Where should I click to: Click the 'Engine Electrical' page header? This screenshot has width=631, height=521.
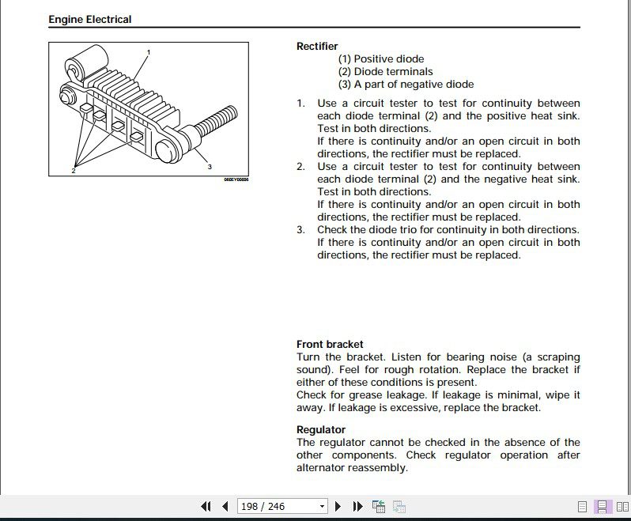click(x=90, y=19)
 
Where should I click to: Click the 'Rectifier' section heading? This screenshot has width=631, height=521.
click(x=317, y=46)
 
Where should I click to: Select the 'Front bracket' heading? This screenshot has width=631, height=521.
click(x=330, y=344)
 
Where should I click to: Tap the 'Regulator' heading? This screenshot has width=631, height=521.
click(x=321, y=429)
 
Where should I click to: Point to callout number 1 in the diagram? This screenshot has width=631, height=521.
click(x=148, y=52)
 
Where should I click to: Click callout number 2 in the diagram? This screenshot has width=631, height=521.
click(x=73, y=170)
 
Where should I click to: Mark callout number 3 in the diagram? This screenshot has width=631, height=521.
click(x=210, y=167)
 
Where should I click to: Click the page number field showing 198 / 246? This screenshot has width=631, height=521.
click(x=276, y=506)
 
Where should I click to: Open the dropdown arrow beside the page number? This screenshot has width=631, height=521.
click(x=322, y=506)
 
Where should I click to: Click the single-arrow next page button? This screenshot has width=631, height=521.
click(x=338, y=506)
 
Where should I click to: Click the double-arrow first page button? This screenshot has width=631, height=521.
click(x=206, y=506)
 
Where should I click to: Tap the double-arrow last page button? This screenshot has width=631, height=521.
click(x=357, y=506)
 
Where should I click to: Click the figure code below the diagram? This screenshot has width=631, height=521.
click(x=236, y=179)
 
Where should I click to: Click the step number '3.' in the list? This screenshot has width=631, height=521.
click(x=300, y=230)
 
